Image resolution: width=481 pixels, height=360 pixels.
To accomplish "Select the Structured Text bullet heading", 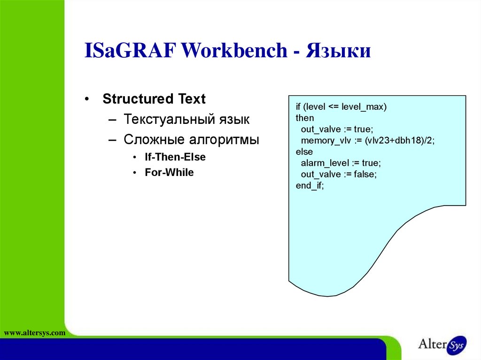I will pos(154,100).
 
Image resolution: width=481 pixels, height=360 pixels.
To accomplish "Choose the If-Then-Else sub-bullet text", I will pos(175,157).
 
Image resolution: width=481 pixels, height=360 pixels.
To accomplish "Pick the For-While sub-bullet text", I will pos(169,173).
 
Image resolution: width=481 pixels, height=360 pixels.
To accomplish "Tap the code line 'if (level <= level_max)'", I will pos(341,107).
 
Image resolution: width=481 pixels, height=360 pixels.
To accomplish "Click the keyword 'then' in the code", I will pos(305,118).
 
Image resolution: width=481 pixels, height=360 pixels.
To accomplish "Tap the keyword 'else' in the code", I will pos(304,152).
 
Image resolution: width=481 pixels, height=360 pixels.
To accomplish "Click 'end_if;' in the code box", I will pos(310,186).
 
